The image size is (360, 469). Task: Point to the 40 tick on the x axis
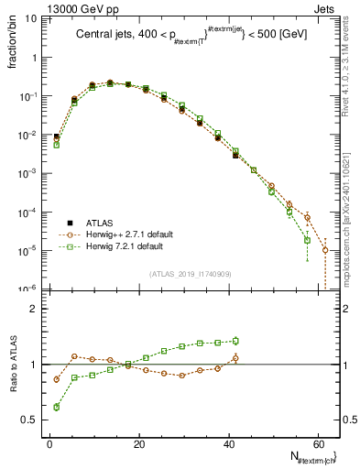tap(228, 442)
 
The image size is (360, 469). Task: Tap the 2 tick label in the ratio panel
tap(34, 309)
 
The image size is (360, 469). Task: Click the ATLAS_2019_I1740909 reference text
tap(190, 274)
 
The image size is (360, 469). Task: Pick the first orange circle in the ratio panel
tap(56, 378)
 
